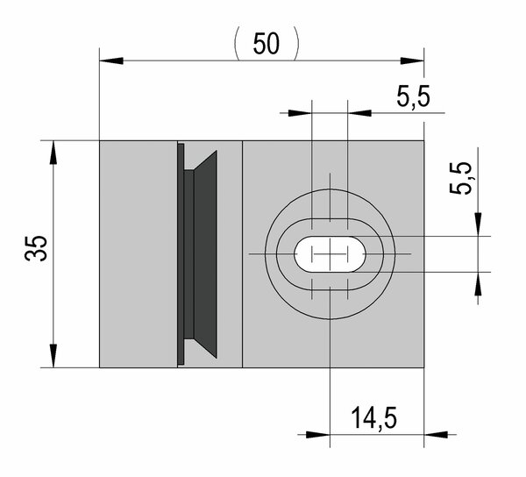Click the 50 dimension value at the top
pyautogui.click(x=267, y=44)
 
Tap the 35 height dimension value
pyautogui.click(x=36, y=248)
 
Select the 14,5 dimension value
pyautogui.click(x=373, y=418)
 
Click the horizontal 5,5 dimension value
pyautogui.click(x=413, y=96)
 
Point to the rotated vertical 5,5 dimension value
pyautogui.click(x=460, y=178)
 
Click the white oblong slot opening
pyautogui.click(x=330, y=254)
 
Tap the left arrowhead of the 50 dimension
pyautogui.click(x=111, y=61)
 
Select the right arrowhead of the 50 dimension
pyautogui.click(x=412, y=61)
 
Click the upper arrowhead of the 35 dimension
pyautogui.click(x=53, y=153)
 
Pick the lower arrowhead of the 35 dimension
pyautogui.click(x=53, y=356)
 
